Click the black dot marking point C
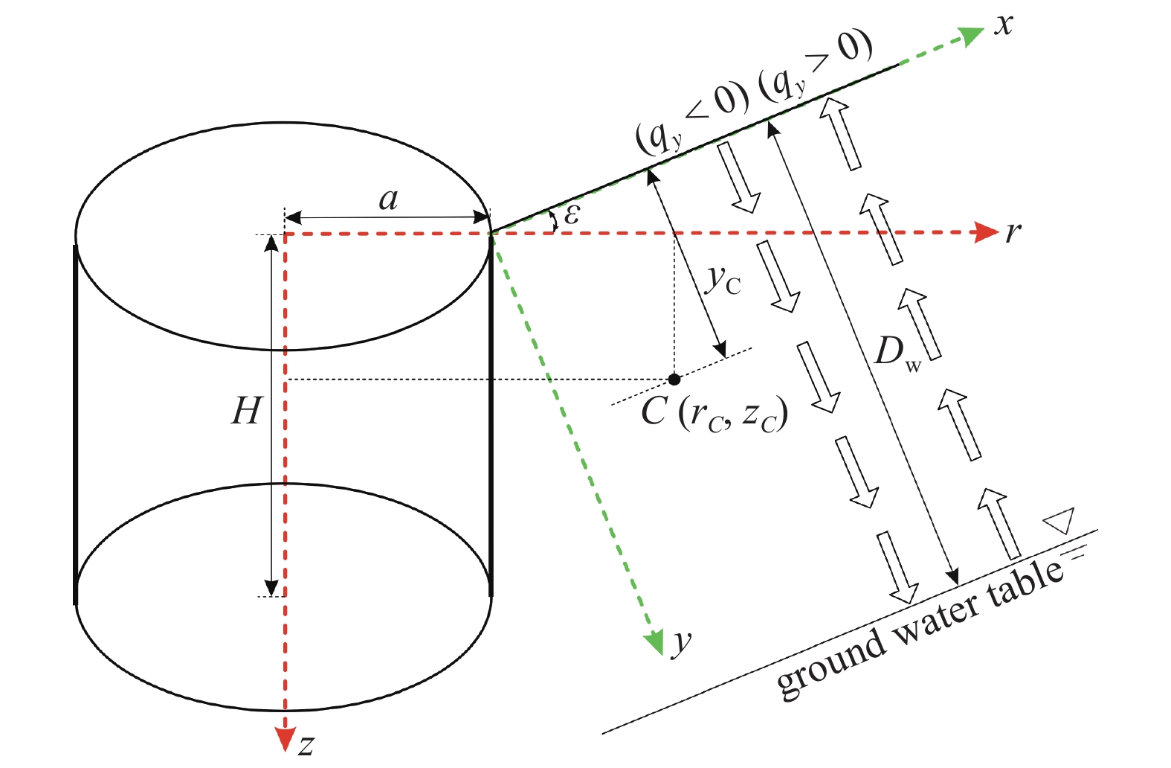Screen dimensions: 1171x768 click(x=674, y=380)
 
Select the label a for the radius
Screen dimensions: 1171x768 click(x=388, y=199)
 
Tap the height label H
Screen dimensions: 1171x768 click(x=245, y=411)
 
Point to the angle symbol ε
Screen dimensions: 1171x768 click(x=572, y=214)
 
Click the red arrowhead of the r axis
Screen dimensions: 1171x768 click(x=987, y=232)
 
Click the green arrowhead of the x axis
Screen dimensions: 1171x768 click(x=972, y=36)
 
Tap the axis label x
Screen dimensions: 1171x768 click(x=1004, y=24)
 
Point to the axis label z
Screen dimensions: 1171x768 click(x=306, y=745)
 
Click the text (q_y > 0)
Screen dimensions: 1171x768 click(x=816, y=67)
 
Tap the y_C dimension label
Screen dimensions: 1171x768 click(x=723, y=281)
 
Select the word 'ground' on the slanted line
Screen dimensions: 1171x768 click(x=830, y=665)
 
